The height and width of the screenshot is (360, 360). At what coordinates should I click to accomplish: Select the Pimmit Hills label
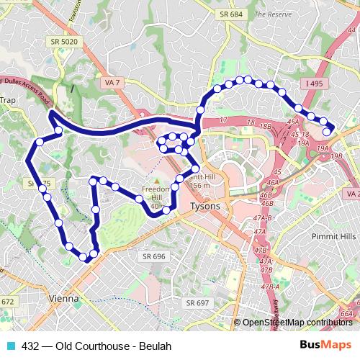(333, 235)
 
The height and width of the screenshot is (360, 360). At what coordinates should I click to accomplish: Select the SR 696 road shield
(153, 256)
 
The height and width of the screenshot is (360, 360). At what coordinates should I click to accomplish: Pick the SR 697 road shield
(197, 302)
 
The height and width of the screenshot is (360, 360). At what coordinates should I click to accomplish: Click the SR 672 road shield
(8, 302)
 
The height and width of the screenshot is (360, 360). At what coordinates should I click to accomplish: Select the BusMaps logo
(326, 345)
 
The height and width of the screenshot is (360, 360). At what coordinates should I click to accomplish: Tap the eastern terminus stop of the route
(327, 131)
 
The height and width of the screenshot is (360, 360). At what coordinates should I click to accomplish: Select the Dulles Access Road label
(29, 92)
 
